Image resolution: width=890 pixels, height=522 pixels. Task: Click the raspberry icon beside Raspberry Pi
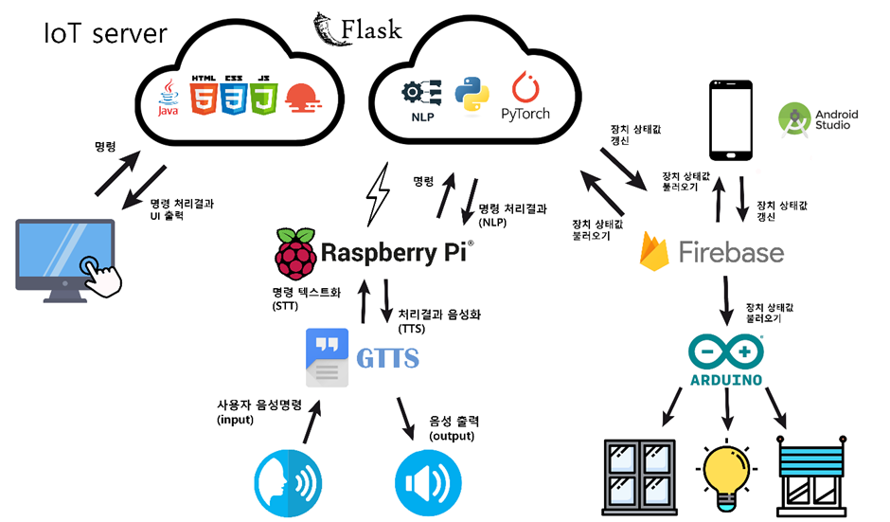pyautogui.click(x=294, y=252)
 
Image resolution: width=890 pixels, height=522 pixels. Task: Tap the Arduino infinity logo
pyautogui.click(x=724, y=354)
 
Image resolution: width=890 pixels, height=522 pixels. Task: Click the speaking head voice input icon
pyautogui.click(x=288, y=482)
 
